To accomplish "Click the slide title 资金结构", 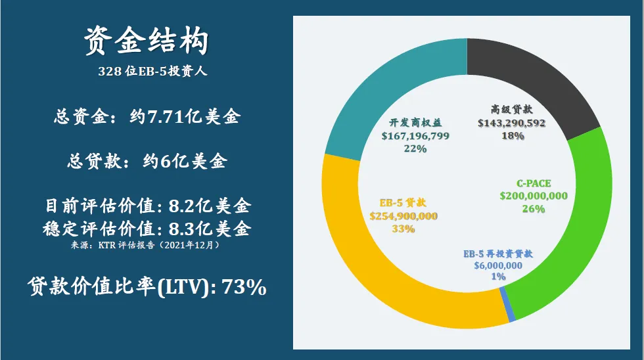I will [147, 43].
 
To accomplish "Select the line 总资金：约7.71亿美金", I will [147, 118].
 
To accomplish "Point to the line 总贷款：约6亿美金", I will [147, 162].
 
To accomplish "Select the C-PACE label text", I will [534, 183].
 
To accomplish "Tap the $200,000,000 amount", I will [534, 196].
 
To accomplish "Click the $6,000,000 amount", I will [498, 265].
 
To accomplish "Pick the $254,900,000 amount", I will [403, 216].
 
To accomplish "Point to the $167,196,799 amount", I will [415, 136].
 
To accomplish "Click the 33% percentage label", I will [403, 229].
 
